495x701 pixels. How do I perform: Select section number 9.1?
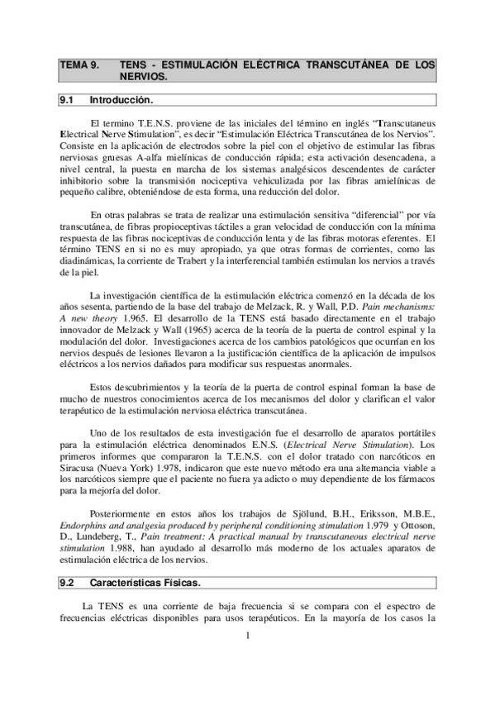click(67, 101)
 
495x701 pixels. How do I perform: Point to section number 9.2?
click(67, 583)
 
